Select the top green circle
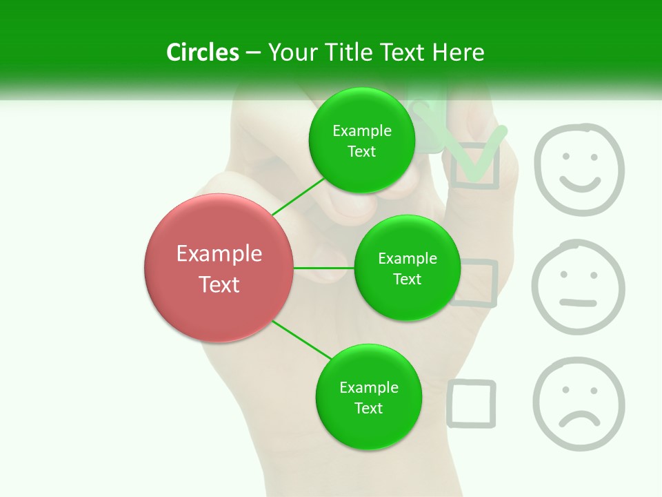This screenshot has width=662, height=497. click(x=361, y=140)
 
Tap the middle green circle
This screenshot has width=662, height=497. click(x=407, y=268)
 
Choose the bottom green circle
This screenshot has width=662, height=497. click(x=368, y=397)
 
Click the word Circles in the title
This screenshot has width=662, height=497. click(x=203, y=52)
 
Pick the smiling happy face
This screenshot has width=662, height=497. click(x=579, y=170)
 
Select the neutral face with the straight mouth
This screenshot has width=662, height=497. click(x=578, y=287)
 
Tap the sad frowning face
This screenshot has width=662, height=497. click(x=578, y=405)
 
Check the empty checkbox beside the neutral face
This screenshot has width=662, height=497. click(x=474, y=283)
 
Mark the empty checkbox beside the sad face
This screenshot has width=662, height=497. click(x=472, y=403)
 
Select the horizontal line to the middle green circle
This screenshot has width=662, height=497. click(x=324, y=268)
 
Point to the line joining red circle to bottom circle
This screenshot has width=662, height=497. click(x=301, y=340)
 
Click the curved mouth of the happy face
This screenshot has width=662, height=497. click(x=580, y=184)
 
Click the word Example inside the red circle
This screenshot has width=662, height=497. click(x=219, y=254)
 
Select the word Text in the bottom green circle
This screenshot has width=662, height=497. click(x=368, y=408)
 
